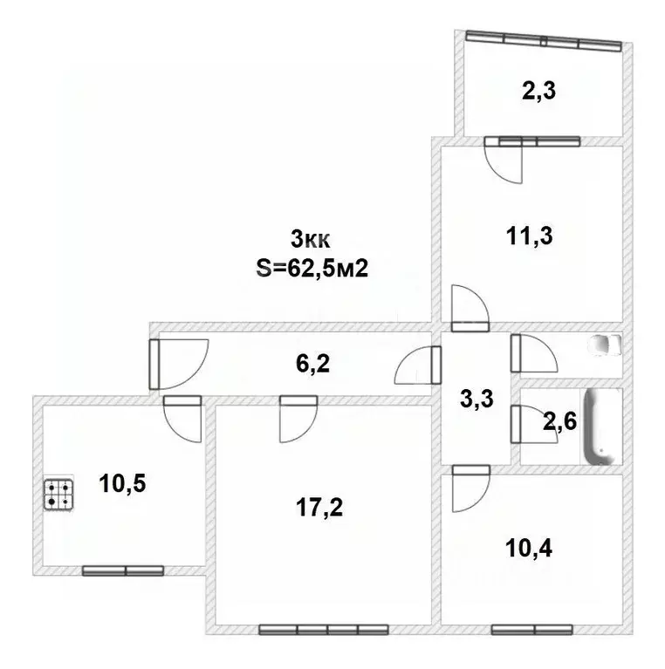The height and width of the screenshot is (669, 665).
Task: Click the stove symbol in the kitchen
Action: pos(58,495)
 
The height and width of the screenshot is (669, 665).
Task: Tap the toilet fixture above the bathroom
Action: pos(605,345)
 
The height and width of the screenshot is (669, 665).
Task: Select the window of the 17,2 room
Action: pos(323,628)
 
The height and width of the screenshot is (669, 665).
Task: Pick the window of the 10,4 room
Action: pos(531,628)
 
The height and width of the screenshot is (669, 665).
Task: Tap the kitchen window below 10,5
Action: pos(123,570)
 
